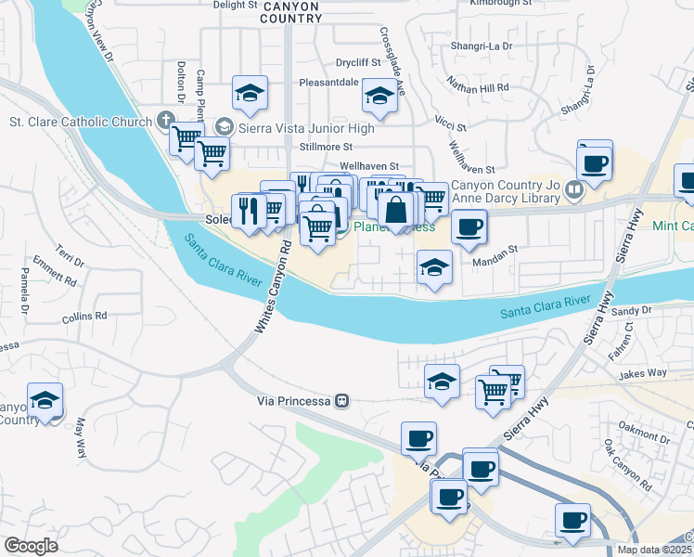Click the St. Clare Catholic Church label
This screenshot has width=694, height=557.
click(x=80, y=121)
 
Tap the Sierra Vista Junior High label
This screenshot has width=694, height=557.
click(x=307, y=128)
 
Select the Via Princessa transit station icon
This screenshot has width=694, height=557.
click(x=342, y=401)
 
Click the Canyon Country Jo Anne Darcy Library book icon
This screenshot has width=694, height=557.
click(x=574, y=192)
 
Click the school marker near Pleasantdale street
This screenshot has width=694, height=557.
click(x=379, y=96)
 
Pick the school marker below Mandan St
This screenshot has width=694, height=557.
click(x=433, y=268)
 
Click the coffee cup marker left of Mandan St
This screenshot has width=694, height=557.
click(x=469, y=226)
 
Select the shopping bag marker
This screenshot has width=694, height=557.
click(x=396, y=209)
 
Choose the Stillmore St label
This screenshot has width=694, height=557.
click(x=326, y=147)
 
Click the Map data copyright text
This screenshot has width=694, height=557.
click(x=655, y=550)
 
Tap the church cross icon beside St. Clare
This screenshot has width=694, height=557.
click(x=165, y=119)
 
